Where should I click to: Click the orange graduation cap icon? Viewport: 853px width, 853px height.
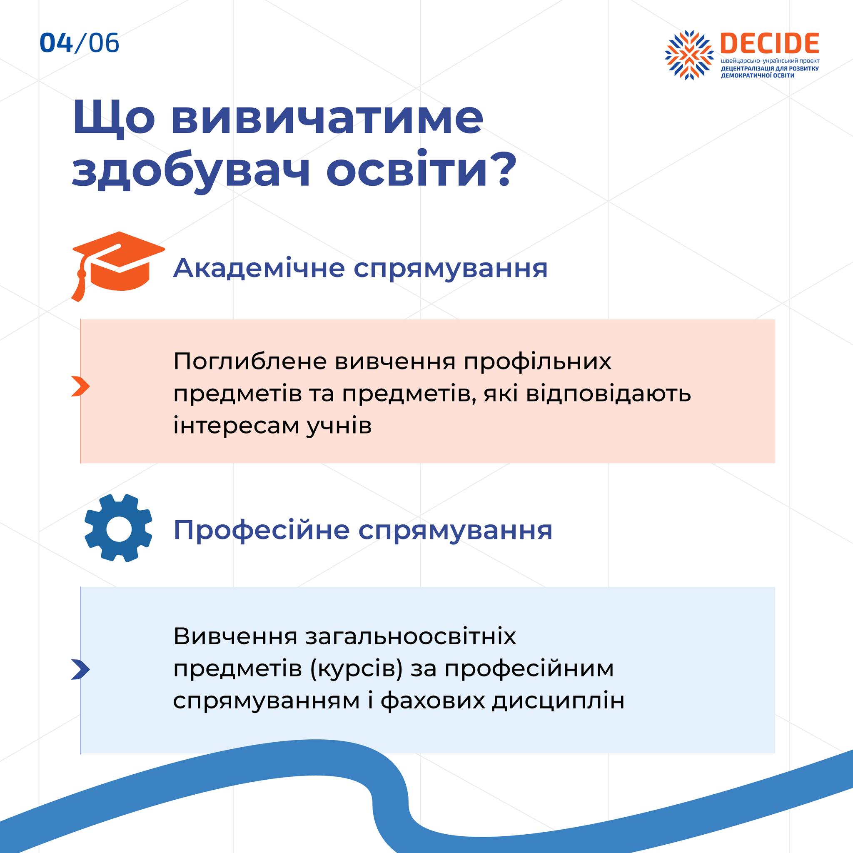click(118, 265)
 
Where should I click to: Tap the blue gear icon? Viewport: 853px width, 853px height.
click(118, 528)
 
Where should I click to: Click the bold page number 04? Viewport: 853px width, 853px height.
click(56, 43)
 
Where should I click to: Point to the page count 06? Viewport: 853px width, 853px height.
click(104, 43)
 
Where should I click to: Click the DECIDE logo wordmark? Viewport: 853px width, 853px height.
click(770, 43)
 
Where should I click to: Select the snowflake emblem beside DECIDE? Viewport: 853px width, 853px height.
click(689, 55)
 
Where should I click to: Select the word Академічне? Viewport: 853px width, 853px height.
click(259, 267)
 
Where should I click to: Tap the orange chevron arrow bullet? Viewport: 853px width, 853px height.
click(80, 387)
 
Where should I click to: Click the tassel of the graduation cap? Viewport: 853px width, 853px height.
click(79, 282)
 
